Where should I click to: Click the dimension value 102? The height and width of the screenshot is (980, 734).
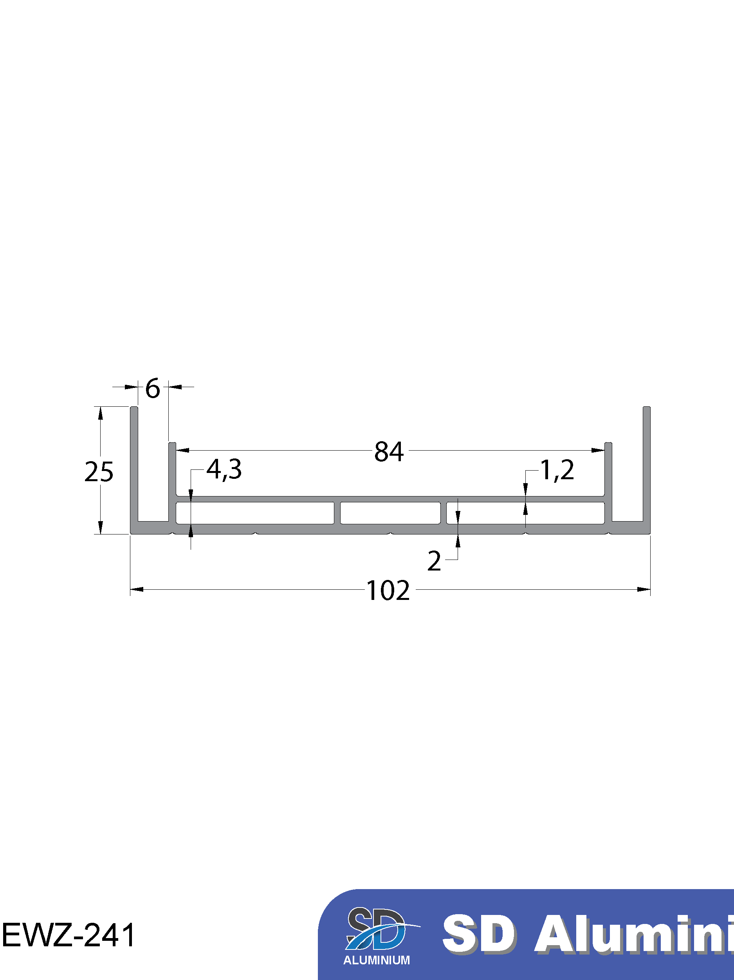pyautogui.click(x=388, y=591)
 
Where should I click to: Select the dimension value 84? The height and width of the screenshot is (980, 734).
pyautogui.click(x=389, y=452)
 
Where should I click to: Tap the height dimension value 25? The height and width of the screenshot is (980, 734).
pyautogui.click(x=99, y=471)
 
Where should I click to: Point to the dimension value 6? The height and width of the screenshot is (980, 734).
pyautogui.click(x=153, y=389)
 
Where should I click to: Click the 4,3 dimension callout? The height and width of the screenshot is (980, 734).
pyautogui.click(x=224, y=469)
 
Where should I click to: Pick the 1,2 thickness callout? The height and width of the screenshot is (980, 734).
pyautogui.click(x=557, y=470)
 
